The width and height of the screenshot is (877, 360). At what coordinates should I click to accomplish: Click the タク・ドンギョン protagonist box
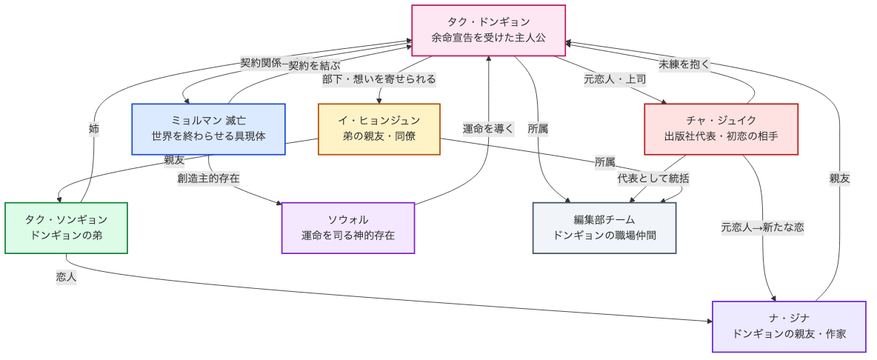tap(488, 30)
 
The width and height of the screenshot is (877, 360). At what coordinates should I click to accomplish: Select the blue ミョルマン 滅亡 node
tap(208, 129)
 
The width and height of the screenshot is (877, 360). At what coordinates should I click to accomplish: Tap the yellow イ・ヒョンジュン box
tap(379, 129)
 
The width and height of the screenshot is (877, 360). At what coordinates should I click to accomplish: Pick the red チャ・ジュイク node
tap(721, 129)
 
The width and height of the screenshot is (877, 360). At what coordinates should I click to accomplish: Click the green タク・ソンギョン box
tap(66, 227)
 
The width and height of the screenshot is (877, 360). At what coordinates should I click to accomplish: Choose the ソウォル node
tap(347, 227)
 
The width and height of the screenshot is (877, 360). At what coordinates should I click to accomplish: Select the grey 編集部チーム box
tap(604, 227)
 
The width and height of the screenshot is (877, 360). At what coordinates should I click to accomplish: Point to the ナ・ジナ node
tap(788, 327)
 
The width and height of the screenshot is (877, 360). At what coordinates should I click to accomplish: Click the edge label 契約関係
tap(261, 63)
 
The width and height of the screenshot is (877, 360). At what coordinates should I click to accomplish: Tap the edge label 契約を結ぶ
tap(314, 65)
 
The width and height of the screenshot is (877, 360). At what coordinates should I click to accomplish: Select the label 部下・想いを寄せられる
tap(379, 79)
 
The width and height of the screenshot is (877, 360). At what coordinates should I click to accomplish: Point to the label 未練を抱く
tap(684, 64)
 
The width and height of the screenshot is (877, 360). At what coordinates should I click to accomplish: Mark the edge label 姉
tap(94, 129)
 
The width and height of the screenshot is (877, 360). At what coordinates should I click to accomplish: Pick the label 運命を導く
tap(488, 129)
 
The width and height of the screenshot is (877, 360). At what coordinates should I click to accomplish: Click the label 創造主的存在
tap(208, 179)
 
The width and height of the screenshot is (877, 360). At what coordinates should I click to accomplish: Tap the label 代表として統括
tap(653, 179)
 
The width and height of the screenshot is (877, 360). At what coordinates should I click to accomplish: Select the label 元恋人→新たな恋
tap(762, 227)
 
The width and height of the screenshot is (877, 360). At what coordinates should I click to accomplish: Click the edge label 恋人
tap(66, 277)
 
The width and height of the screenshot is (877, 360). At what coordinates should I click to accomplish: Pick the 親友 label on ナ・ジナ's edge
tap(839, 179)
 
